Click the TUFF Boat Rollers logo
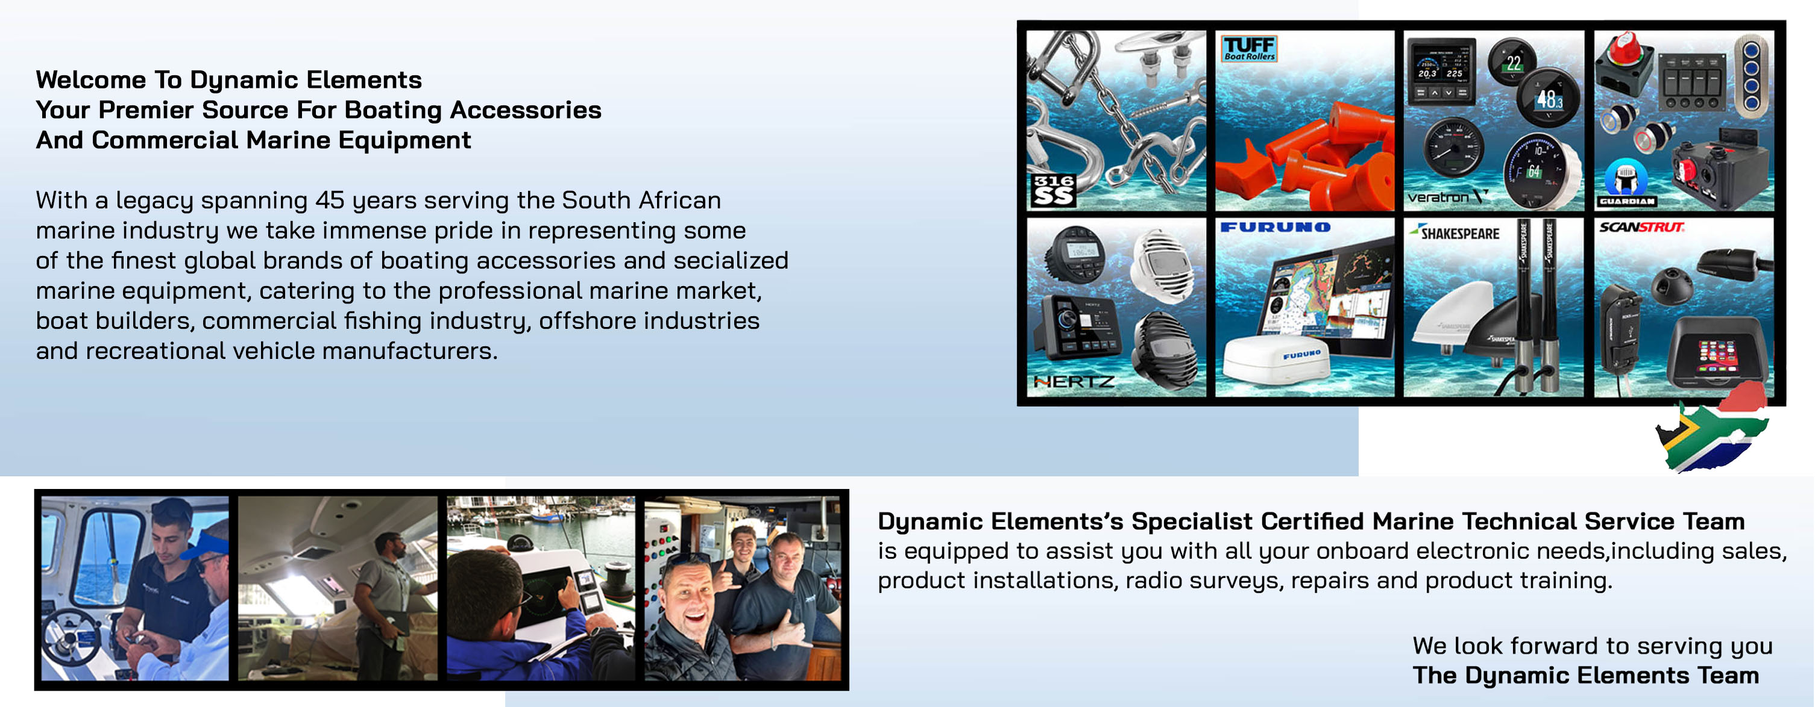tap(1248, 49)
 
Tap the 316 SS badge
tap(1053, 190)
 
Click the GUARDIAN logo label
tap(1626, 201)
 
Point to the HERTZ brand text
tap(1074, 381)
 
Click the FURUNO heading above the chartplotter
tap(1276, 228)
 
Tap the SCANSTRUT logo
tap(1641, 227)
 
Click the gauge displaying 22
tap(1512, 62)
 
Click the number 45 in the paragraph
tap(330, 201)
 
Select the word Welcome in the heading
tap(91, 80)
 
